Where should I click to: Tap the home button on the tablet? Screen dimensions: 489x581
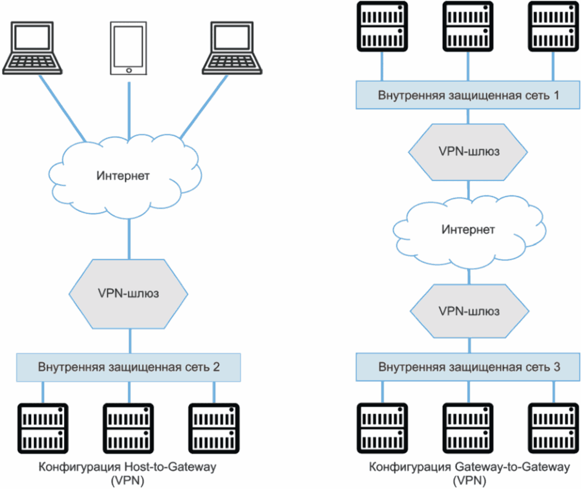128,70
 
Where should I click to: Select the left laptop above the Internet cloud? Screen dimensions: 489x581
32,47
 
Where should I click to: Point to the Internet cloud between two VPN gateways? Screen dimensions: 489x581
468,230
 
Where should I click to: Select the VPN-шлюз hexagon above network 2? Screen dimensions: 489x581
129,292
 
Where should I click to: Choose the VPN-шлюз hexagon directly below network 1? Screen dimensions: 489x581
469,151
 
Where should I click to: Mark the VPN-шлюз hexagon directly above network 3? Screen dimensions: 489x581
469,310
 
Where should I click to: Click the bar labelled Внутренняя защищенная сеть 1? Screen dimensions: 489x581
468,95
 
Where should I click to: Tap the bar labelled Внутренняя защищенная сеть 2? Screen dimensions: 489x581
129,367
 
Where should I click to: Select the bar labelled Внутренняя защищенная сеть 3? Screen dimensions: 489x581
468,367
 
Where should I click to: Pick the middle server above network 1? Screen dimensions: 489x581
468,26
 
